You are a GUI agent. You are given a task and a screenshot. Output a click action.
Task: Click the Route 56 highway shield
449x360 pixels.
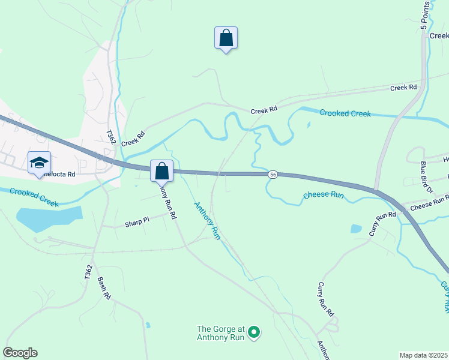coord(273,174)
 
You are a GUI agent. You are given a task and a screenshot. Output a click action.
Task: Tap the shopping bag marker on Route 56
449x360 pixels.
coord(161,171)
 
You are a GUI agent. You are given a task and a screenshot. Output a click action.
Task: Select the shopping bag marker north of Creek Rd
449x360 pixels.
coord(226,38)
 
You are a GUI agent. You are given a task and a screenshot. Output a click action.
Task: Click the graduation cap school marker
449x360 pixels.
coord(39,163)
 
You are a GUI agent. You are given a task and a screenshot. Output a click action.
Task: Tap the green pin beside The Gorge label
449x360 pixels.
coord(254,331)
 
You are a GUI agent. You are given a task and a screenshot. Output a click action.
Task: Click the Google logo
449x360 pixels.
coord(20,353)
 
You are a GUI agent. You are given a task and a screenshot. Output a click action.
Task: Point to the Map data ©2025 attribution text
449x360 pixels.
coord(423,355)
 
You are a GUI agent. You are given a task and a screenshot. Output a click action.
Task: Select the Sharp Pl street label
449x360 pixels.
coord(137,223)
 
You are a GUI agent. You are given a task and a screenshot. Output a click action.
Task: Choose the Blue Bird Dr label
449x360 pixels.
coord(427,177)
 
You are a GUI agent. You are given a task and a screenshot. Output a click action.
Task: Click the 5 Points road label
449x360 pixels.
coord(426,16)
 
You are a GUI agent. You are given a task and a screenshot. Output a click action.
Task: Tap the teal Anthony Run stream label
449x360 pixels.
coord(207,221)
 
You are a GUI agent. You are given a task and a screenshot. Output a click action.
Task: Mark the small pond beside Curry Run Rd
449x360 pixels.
coord(357,229)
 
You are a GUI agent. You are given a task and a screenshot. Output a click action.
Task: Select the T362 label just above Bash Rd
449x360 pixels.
coord(89,273)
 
